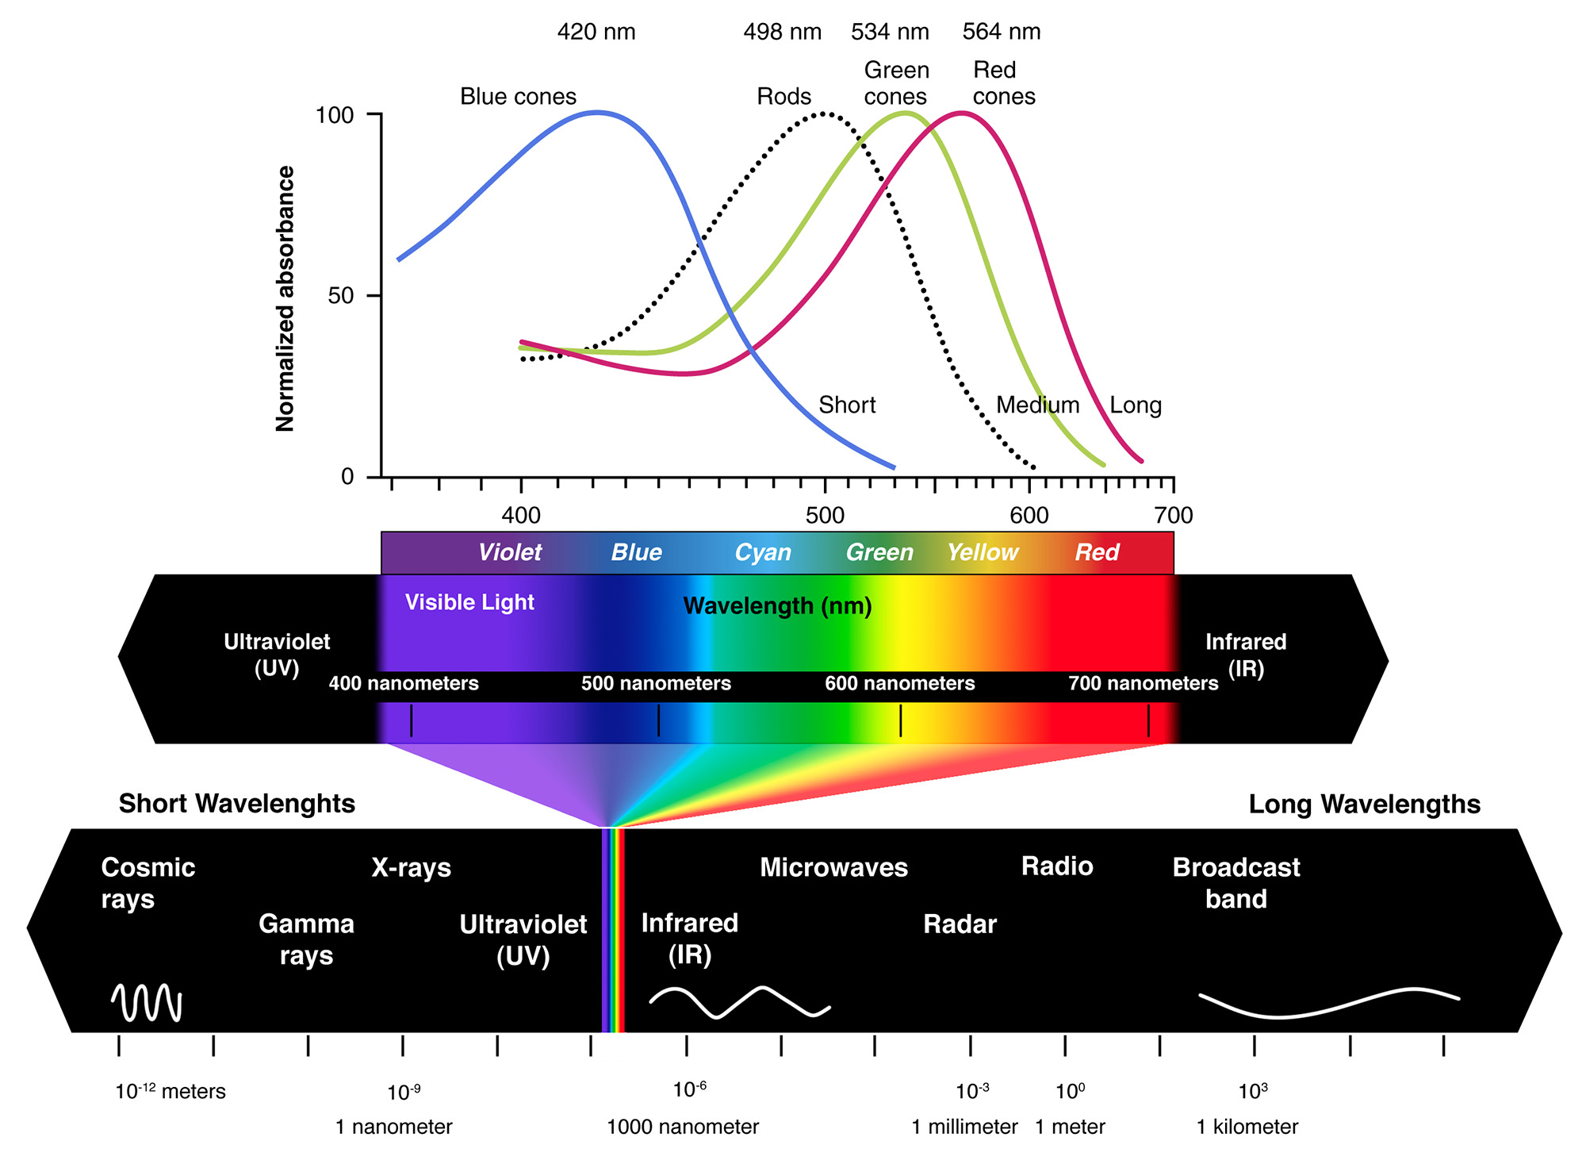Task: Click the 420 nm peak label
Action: pyautogui.click(x=596, y=32)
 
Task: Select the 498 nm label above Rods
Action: pyautogui.click(x=782, y=32)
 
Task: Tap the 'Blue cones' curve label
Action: pyautogui.click(x=518, y=97)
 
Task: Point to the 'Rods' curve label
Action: pyautogui.click(x=783, y=97)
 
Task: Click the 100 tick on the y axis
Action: pyautogui.click(x=335, y=115)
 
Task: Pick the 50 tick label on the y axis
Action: pyautogui.click(x=342, y=296)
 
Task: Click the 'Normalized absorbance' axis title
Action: pyautogui.click(x=285, y=298)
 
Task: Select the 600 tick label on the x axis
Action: pyautogui.click(x=1029, y=516)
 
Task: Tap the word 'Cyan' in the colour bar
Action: pyautogui.click(x=763, y=552)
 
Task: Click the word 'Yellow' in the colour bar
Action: pyautogui.click(x=983, y=552)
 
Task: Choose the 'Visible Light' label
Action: pyautogui.click(x=469, y=602)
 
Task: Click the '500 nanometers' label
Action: pyautogui.click(x=656, y=683)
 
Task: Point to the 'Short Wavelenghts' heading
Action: pyautogui.click(x=237, y=804)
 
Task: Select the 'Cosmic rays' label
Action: pyautogui.click(x=147, y=883)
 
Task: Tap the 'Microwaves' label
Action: pyautogui.click(x=833, y=867)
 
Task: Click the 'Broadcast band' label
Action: pyautogui.click(x=1235, y=883)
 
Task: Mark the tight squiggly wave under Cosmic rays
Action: pyautogui.click(x=147, y=1003)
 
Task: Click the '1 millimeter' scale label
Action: pyautogui.click(x=964, y=1127)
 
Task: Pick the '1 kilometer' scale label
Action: pyautogui.click(x=1247, y=1127)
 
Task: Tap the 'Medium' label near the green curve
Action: pyautogui.click(x=1037, y=405)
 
